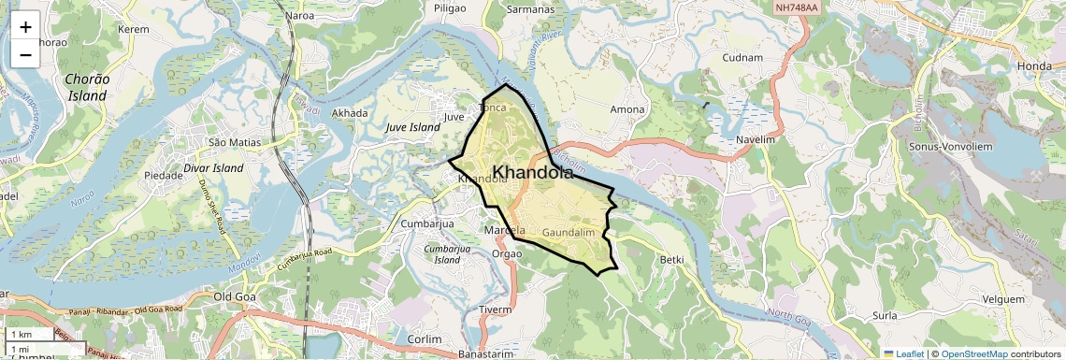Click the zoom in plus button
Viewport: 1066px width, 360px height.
point(25,26)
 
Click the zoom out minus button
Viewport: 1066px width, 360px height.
point(25,54)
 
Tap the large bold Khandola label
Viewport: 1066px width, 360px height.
point(531,172)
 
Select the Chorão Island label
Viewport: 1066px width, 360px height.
point(88,87)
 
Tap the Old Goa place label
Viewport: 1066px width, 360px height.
point(234,296)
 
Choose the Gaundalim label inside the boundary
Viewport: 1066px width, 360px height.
point(569,231)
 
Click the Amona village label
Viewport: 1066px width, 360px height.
point(627,109)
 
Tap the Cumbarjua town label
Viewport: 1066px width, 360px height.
point(426,223)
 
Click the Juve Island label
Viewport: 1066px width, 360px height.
point(412,127)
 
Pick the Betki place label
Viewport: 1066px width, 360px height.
point(671,259)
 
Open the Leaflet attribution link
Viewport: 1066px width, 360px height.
point(902,353)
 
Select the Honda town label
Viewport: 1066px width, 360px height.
point(1034,65)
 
